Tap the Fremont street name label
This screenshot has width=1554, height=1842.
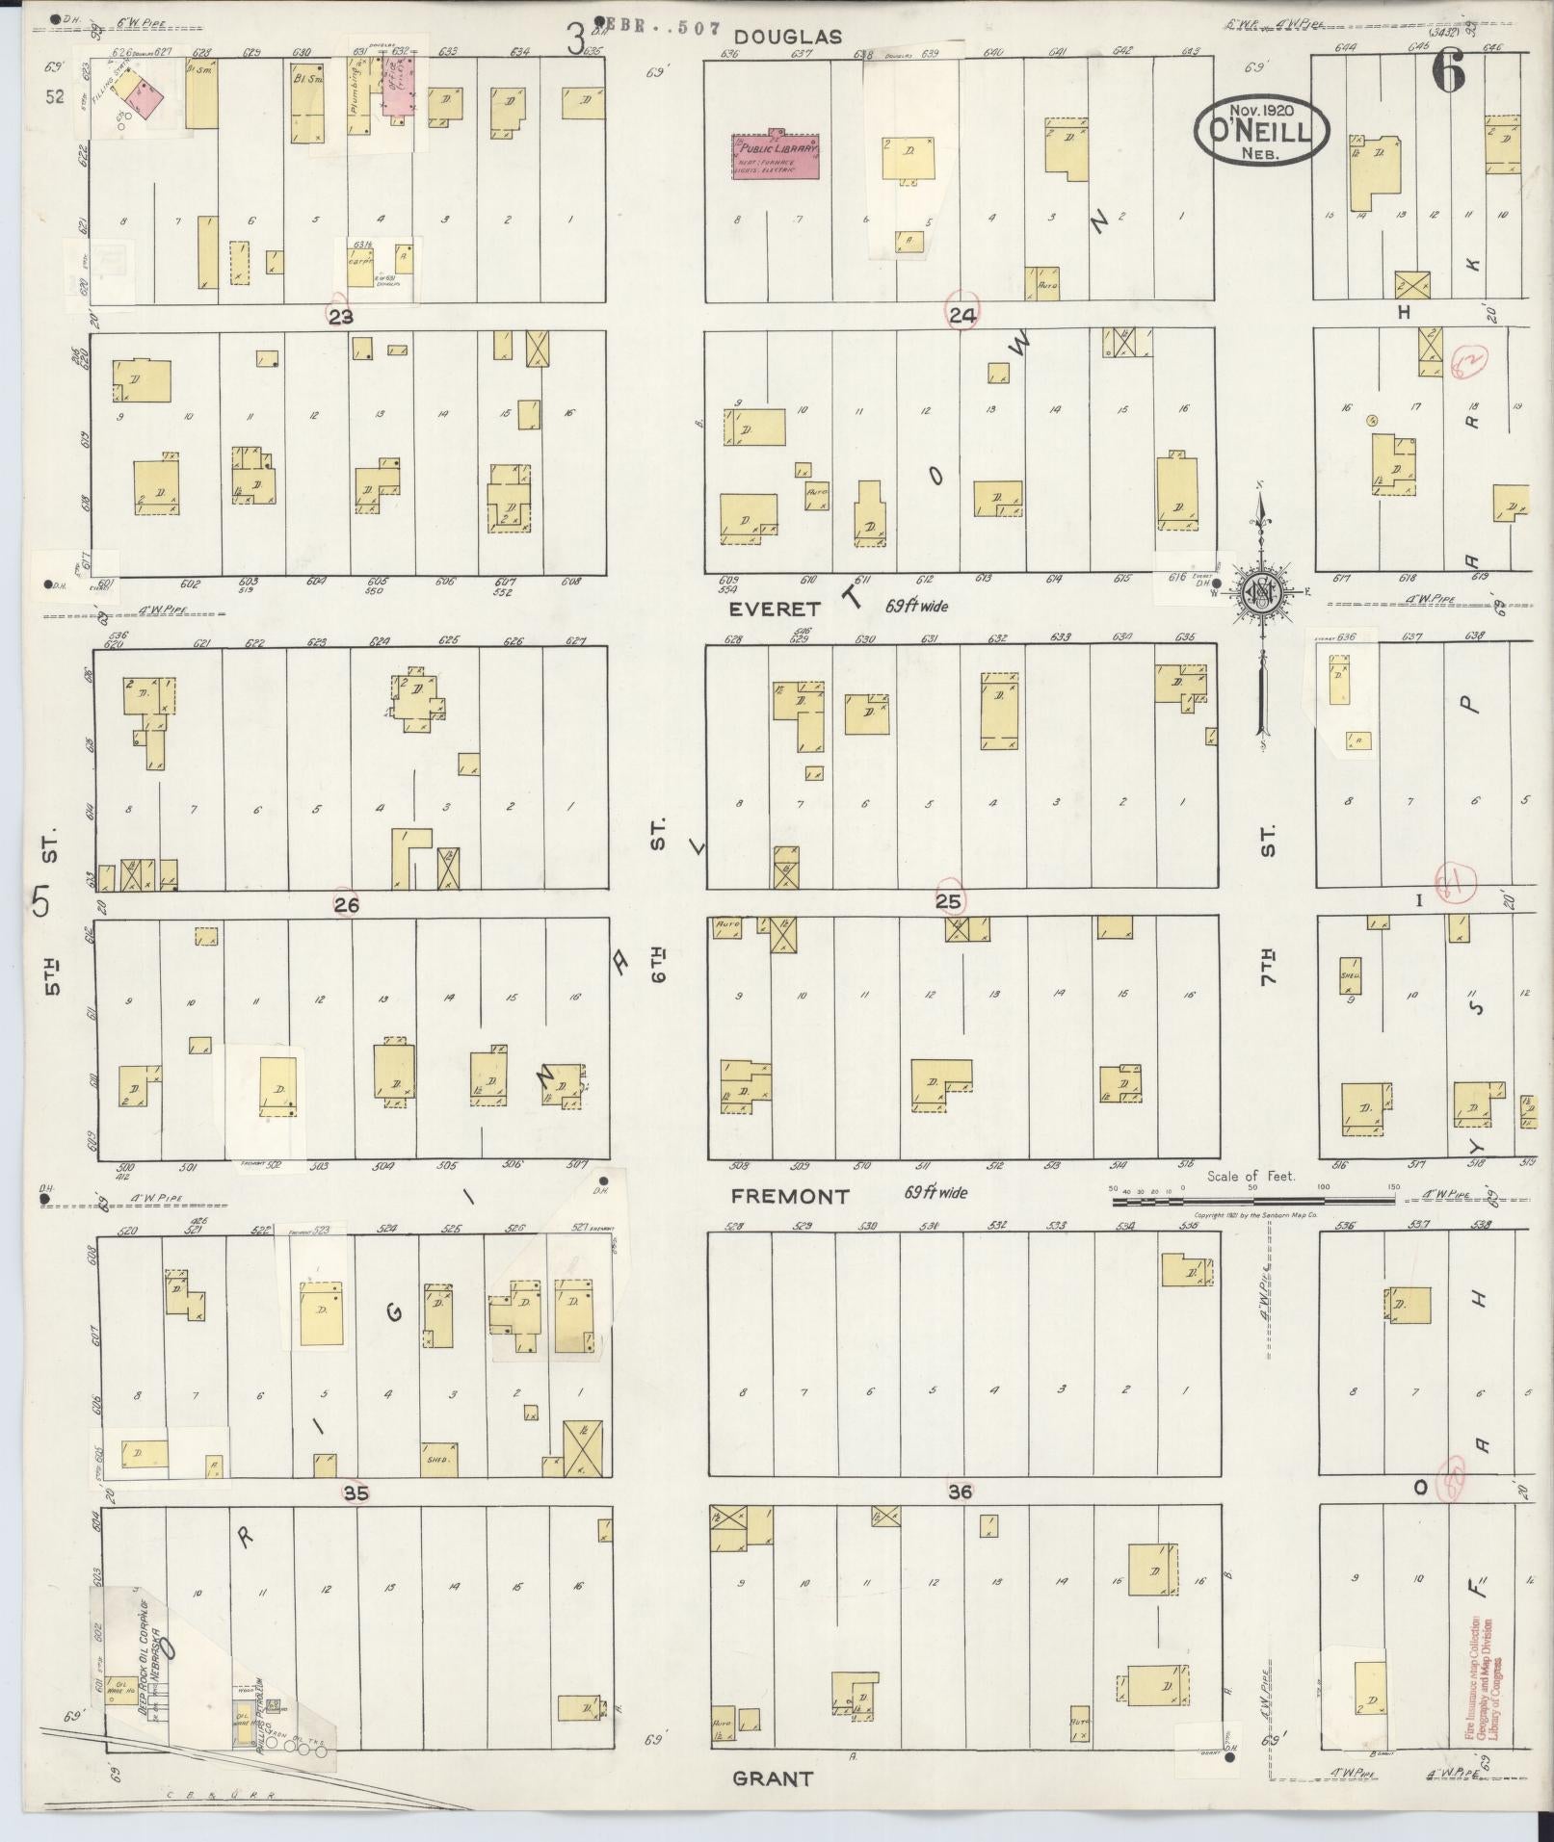pos(790,1196)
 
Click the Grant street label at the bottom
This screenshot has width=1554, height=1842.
pos(773,1777)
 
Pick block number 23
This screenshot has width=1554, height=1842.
pos(340,317)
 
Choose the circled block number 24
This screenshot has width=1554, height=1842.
pos(962,316)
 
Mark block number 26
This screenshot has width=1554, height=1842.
pos(347,905)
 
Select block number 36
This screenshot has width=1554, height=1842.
pos(960,1492)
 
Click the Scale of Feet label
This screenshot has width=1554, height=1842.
pos(1251,1176)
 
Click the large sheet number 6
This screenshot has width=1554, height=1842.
pos(1447,71)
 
